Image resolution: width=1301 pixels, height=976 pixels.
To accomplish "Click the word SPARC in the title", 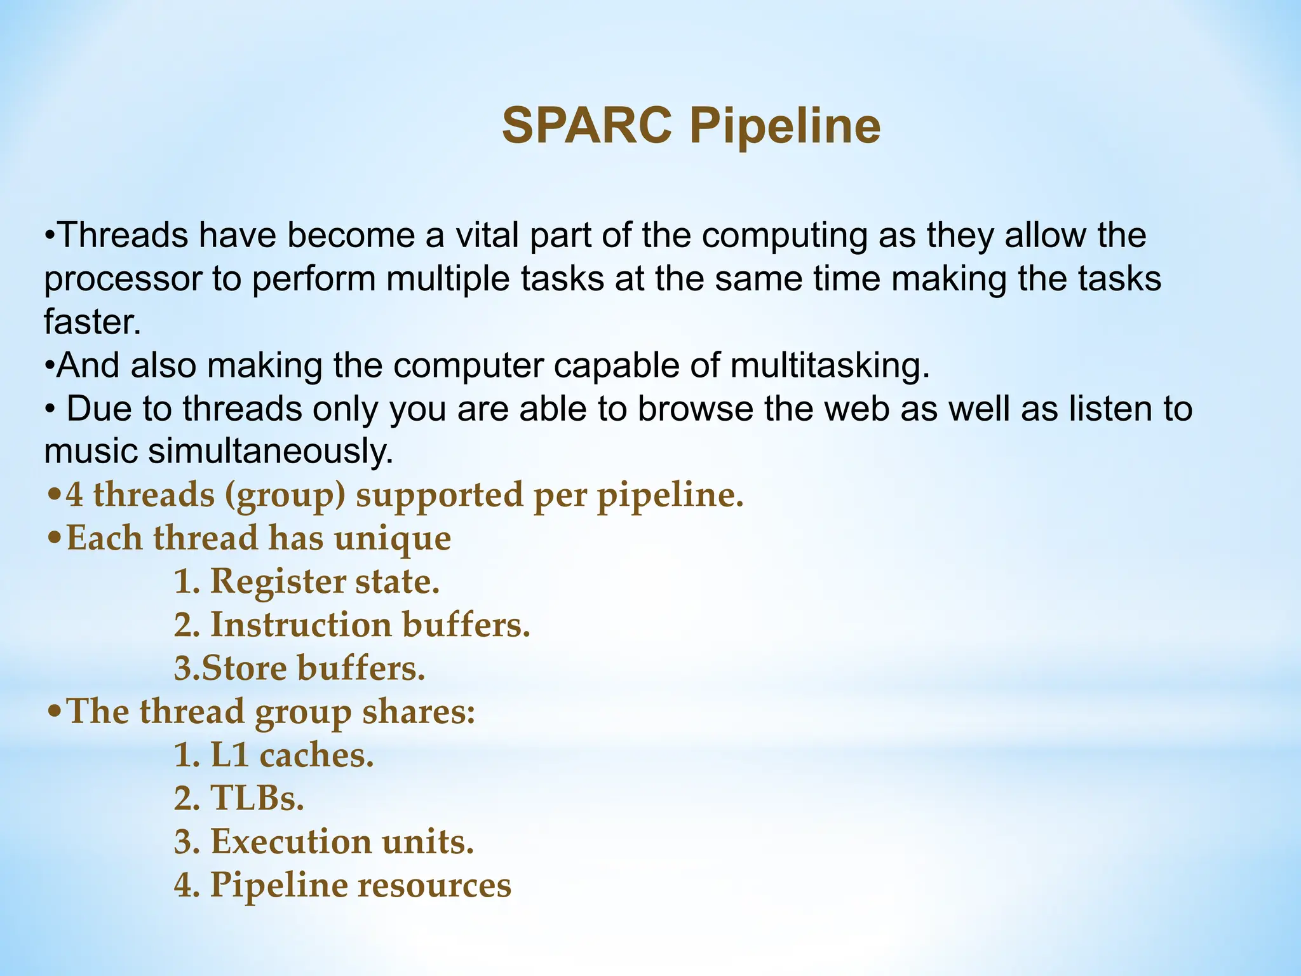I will [586, 126].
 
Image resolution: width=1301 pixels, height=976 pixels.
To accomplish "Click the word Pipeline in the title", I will [785, 126].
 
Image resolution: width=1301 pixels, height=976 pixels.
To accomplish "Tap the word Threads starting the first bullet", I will [123, 235].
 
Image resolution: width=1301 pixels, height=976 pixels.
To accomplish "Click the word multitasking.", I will [830, 365].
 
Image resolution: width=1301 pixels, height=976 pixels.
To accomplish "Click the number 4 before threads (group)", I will [74, 495].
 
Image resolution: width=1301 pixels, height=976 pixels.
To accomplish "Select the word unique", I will [393, 538].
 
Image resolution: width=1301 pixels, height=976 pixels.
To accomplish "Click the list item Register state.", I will [307, 581].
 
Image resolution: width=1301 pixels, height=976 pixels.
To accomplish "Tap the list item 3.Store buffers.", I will [299, 668].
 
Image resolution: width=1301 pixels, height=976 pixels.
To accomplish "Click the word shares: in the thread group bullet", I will [419, 712].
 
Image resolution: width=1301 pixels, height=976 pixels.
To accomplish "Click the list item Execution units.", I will [324, 842].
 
